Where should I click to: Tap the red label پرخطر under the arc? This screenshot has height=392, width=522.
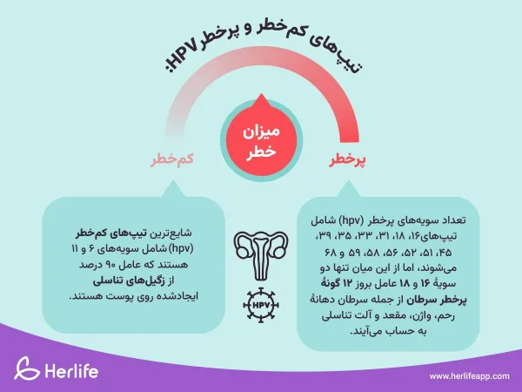347,161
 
